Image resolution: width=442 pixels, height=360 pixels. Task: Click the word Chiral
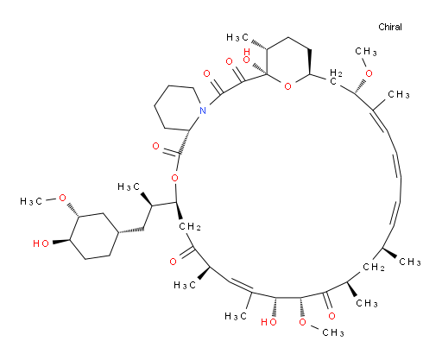(x=390, y=27)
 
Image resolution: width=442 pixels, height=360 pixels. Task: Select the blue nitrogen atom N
(x=203, y=111)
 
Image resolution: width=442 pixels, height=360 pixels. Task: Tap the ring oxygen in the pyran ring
(x=287, y=85)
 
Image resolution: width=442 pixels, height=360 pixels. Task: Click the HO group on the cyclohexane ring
(x=41, y=243)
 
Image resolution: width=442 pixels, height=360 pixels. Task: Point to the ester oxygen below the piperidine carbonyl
(x=174, y=178)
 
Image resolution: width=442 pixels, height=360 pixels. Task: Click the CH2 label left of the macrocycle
(x=190, y=227)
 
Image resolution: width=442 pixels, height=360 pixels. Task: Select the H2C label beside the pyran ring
(x=336, y=77)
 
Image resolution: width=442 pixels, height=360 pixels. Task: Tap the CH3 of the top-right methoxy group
(x=366, y=52)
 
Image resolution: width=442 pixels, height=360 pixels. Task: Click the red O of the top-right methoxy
(x=369, y=73)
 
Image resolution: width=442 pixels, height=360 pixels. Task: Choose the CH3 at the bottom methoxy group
(x=333, y=332)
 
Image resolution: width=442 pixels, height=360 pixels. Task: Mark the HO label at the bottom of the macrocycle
(x=268, y=322)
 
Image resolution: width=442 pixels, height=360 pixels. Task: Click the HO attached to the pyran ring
(x=247, y=55)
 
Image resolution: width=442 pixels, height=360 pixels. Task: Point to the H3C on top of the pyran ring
(x=237, y=37)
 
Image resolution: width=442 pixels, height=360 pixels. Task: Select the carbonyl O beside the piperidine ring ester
(x=155, y=146)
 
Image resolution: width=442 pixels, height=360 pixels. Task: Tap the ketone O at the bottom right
(x=331, y=316)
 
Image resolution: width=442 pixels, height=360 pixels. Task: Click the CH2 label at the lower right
(x=374, y=267)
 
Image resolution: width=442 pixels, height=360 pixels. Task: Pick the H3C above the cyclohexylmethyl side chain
(x=129, y=187)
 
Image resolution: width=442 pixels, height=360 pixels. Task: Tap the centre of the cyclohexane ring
(x=94, y=236)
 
